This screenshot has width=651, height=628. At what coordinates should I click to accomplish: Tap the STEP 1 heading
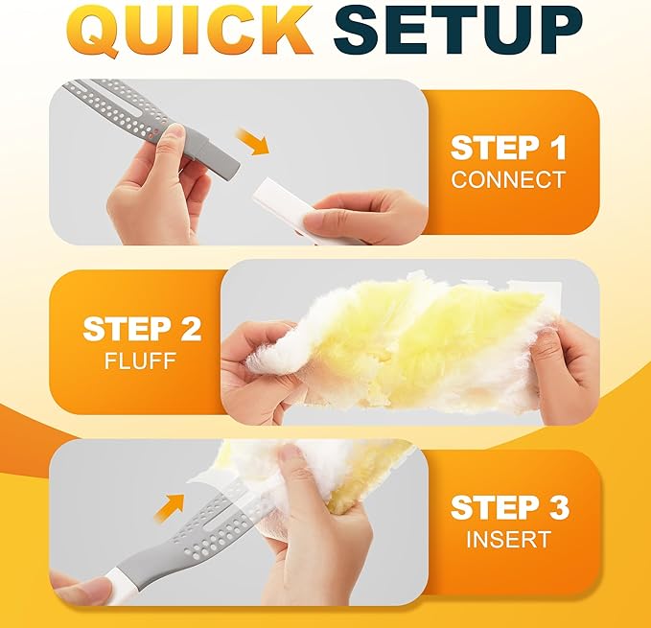coord(508,149)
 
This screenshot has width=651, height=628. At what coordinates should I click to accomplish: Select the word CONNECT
coord(508,179)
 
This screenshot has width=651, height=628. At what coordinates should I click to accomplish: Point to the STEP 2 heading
coord(142,329)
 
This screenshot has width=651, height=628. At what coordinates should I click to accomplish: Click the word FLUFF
coord(142,361)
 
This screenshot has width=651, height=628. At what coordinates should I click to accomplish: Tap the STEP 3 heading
coord(508,507)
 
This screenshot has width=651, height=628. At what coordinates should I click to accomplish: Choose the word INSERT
coord(508,539)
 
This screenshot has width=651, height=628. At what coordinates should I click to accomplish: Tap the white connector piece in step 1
coord(288,206)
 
